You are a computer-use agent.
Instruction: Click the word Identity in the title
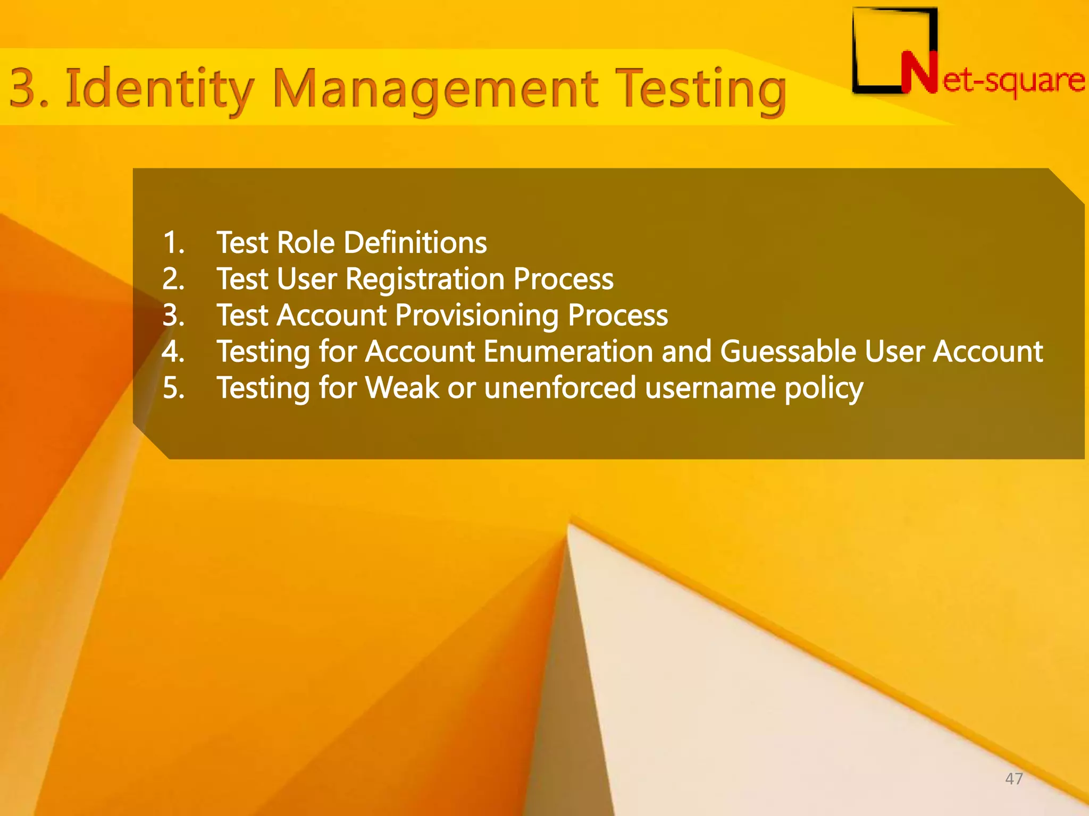[158, 89]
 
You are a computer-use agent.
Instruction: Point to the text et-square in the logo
[1013, 81]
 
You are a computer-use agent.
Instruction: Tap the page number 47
[1013, 779]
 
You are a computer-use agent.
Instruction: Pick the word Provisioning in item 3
[476, 316]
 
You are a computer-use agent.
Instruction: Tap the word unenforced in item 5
[560, 388]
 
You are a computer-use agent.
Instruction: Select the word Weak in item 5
[402, 388]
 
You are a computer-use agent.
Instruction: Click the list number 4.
[173, 352]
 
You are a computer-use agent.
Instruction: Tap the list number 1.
[173, 243]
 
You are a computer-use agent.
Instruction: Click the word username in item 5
[710, 388]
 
